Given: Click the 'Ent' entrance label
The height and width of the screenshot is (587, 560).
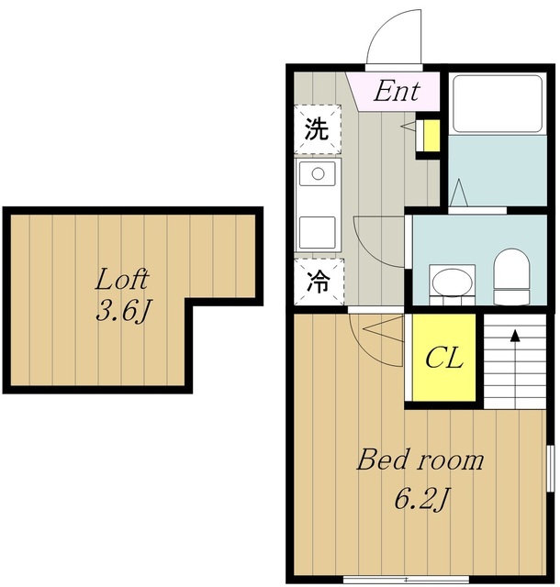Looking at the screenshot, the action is pyautogui.click(x=397, y=91).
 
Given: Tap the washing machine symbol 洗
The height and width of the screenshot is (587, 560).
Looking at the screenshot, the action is pyautogui.click(x=317, y=129).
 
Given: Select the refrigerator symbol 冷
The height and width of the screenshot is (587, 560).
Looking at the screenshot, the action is pyautogui.click(x=319, y=282).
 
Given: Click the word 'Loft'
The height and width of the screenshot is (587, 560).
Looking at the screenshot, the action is pyautogui.click(x=122, y=279).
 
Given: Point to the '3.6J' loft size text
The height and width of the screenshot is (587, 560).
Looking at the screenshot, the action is pyautogui.click(x=123, y=311).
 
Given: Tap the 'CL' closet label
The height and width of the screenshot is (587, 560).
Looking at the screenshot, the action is pyautogui.click(x=444, y=358).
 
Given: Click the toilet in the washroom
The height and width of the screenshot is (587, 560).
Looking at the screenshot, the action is pyautogui.click(x=511, y=276).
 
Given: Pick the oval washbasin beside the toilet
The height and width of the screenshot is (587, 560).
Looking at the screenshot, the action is pyautogui.click(x=452, y=282).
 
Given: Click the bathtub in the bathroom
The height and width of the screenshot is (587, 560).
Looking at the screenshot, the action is pyautogui.click(x=498, y=104).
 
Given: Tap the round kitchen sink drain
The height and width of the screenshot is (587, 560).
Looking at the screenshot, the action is pyautogui.click(x=318, y=173).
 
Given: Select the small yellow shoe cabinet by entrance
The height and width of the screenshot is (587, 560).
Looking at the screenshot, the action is pyautogui.click(x=431, y=136).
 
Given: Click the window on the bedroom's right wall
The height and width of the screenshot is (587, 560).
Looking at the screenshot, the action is pyautogui.click(x=551, y=468).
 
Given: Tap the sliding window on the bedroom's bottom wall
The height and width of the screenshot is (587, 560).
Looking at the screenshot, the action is pyautogui.click(x=406, y=580).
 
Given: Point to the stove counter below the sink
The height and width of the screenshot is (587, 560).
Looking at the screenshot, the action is pyautogui.click(x=317, y=232).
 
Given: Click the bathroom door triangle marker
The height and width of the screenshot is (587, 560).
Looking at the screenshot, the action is pyautogui.click(x=459, y=193).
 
